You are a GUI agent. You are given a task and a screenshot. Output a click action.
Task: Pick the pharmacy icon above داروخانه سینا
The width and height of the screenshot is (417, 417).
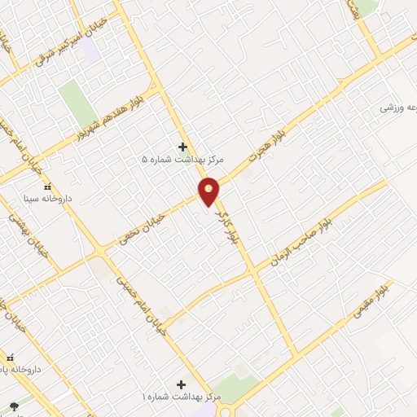47,187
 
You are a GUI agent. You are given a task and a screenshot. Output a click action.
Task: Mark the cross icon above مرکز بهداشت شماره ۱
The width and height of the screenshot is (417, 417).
181,384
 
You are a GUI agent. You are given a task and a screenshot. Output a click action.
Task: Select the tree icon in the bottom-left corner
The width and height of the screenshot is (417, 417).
12,406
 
